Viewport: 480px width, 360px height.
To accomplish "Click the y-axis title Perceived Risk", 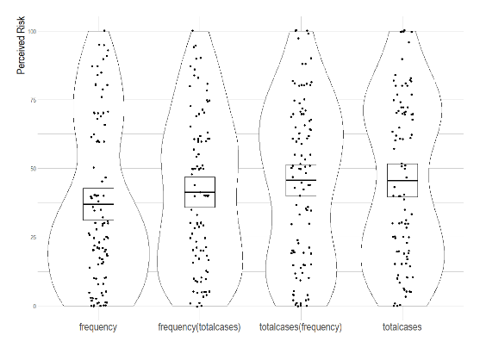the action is coord(21,46).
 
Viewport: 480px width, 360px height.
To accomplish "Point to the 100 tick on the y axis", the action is coord(32,32).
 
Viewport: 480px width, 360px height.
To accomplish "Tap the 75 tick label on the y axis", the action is coord(34,100).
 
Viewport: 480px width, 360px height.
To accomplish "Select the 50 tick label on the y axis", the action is coord(34,169).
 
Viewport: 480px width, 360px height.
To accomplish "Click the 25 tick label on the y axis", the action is coord(34,238).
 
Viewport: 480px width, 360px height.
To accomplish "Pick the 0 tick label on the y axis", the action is coord(34,306).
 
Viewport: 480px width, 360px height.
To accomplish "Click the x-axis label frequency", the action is coord(98,327).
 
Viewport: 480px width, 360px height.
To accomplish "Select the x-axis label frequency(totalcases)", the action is coord(199,327).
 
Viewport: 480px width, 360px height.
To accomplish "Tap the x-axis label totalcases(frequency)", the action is coord(301,327).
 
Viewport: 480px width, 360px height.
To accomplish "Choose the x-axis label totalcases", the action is coord(402,327).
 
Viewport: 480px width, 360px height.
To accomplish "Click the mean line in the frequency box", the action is coord(98,204).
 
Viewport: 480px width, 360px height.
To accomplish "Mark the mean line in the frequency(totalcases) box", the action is coord(200,192).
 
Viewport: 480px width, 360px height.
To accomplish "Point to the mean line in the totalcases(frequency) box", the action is coord(301,180).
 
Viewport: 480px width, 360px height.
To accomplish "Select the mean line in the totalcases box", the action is coord(402,181).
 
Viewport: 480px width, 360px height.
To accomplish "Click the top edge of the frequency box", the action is coord(98,188).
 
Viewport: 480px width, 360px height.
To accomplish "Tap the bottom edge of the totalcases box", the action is coord(402,196).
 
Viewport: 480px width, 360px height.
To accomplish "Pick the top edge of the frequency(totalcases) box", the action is coord(200,177).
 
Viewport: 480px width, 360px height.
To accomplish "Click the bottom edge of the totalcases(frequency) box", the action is coord(301,196).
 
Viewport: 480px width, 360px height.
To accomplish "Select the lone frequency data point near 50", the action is coord(94,167).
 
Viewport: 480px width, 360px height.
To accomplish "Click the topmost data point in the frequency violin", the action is coord(104,31).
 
